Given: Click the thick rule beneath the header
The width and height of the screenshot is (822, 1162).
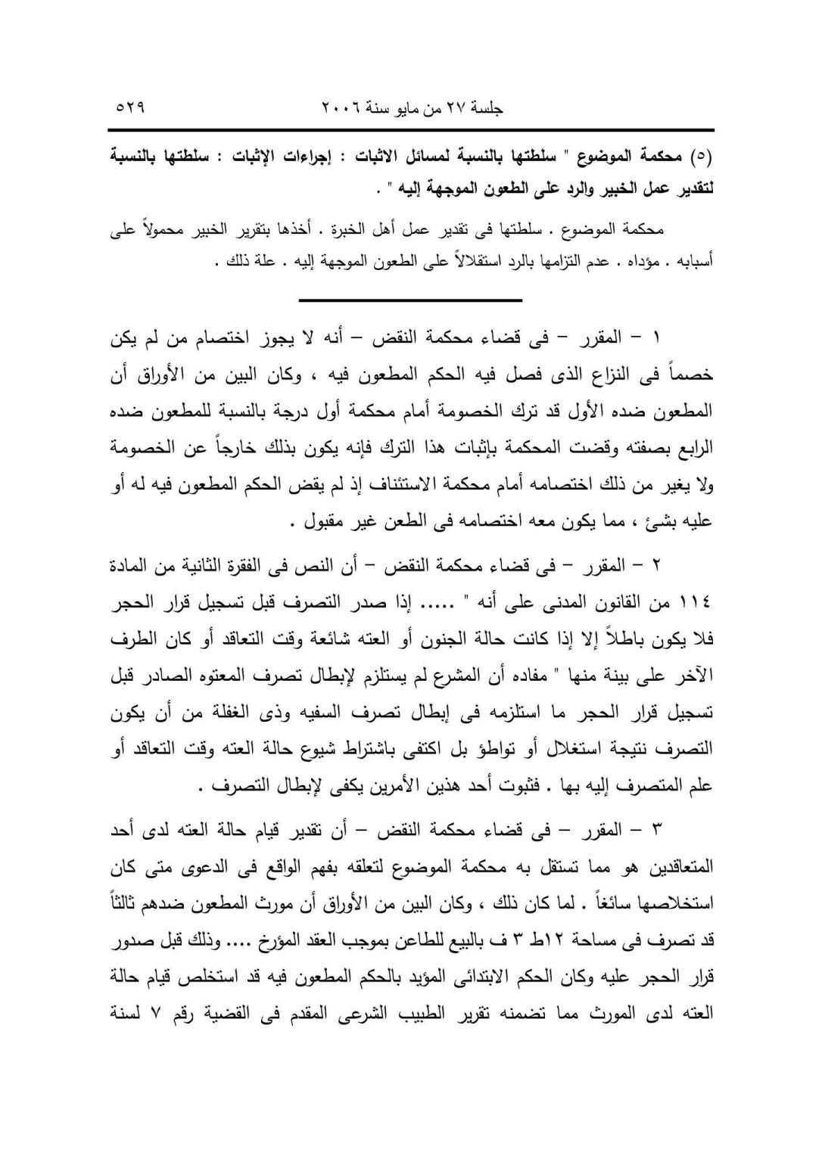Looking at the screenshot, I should tap(411, 130).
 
